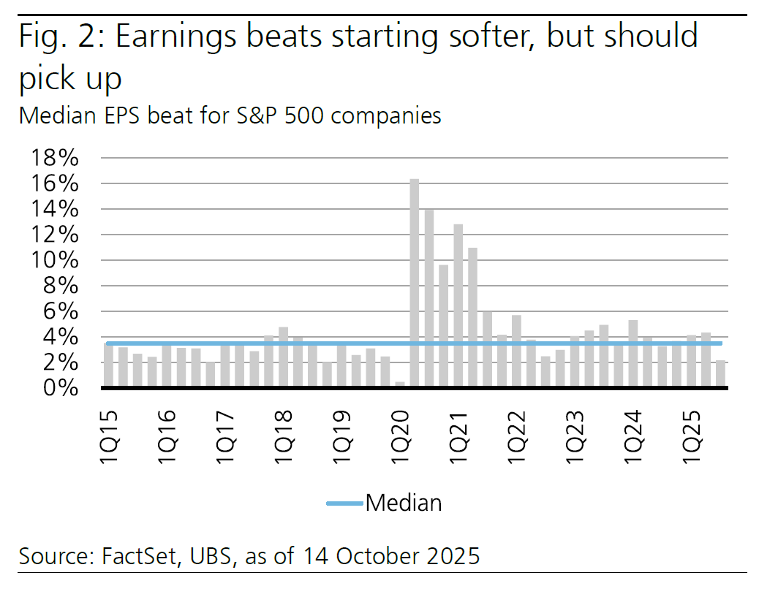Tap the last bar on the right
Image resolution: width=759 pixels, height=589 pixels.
pyautogui.click(x=720, y=373)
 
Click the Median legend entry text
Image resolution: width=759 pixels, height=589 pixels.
pyautogui.click(x=403, y=503)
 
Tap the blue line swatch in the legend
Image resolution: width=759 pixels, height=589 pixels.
pyautogui.click(x=344, y=503)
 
